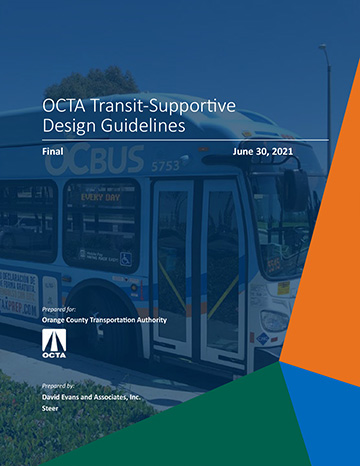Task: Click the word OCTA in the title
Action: pyautogui.click(x=64, y=105)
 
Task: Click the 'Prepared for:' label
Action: pyautogui.click(x=59, y=311)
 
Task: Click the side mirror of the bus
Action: pyautogui.click(x=296, y=190)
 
